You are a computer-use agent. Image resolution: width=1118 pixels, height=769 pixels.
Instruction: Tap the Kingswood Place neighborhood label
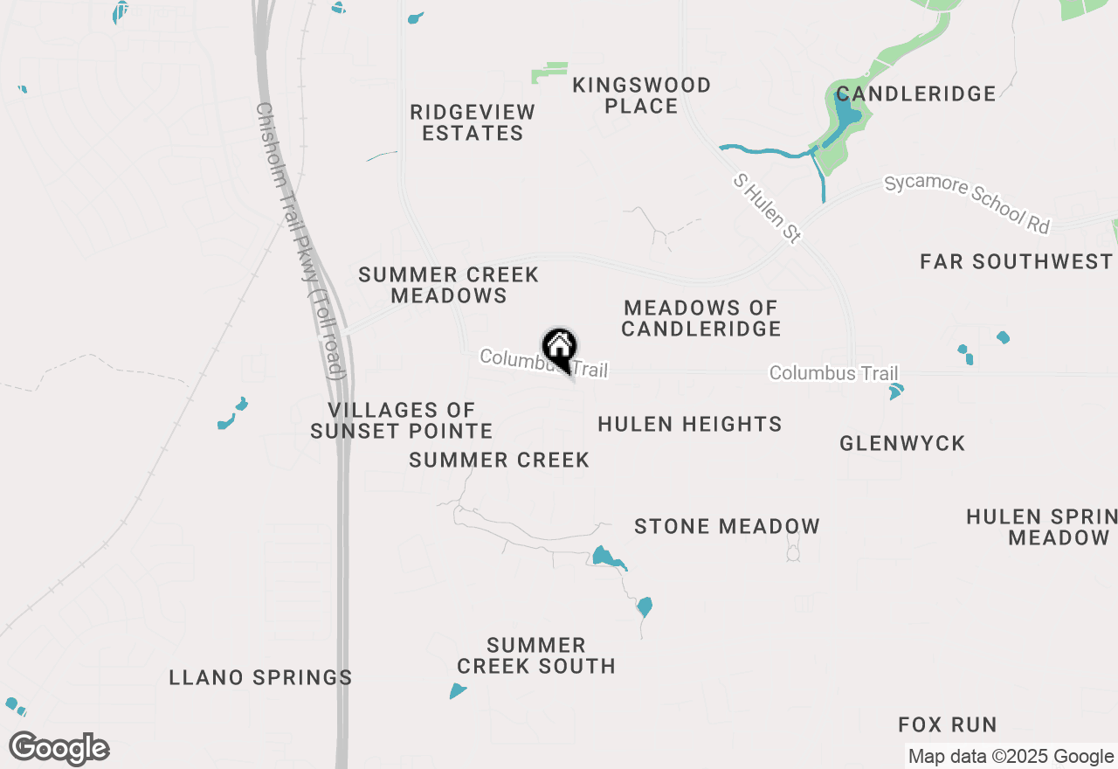[641, 95]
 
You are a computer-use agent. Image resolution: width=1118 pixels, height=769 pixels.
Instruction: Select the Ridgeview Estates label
[473, 122]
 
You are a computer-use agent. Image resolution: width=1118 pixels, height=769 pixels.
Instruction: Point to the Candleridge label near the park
[915, 94]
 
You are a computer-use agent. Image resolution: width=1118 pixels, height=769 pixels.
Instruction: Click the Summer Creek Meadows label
[449, 285]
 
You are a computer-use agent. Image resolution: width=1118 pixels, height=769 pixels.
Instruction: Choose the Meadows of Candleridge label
[700, 318]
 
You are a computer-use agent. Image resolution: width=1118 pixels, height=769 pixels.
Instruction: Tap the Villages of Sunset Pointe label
[402, 420]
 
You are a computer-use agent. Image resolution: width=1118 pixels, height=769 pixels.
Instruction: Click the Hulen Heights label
[689, 425]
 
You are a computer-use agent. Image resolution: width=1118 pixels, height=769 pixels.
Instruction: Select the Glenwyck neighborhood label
[902, 444]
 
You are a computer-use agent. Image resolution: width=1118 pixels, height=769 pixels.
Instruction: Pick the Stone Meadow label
[727, 526]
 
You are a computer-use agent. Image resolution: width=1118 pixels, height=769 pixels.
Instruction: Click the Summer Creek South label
[536, 655]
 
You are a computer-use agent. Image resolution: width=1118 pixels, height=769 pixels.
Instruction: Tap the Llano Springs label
[260, 677]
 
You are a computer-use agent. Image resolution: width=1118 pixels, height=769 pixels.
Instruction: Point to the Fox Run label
[948, 724]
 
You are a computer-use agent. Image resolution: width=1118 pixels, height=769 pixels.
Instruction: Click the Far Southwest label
[1017, 261]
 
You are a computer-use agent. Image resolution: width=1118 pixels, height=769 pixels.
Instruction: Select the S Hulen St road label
[767, 208]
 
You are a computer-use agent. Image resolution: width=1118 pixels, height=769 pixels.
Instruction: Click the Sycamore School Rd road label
[967, 204]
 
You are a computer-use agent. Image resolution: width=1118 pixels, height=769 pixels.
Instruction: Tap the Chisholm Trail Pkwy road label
[299, 240]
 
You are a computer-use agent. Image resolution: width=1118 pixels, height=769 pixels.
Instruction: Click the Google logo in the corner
[59, 749]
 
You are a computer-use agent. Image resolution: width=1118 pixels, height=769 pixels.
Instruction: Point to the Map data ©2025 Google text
[1011, 757]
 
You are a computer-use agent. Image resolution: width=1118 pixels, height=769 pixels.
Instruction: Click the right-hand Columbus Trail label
[833, 373]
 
